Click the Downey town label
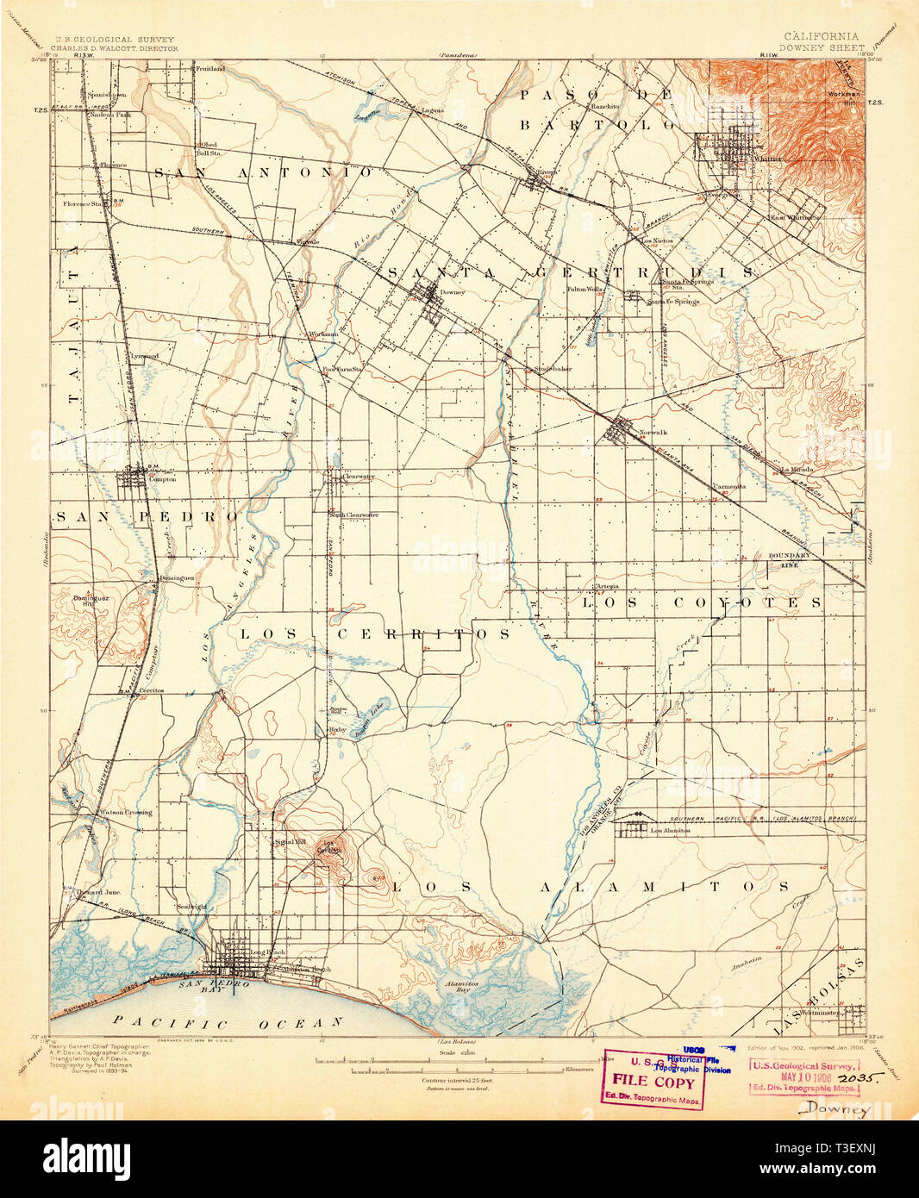coord(452,292)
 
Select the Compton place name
coord(162,480)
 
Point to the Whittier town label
coord(769,159)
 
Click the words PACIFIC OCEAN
coord(229,1022)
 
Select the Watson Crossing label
coord(126,812)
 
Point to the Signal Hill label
coord(287,841)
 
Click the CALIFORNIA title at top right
coord(822,36)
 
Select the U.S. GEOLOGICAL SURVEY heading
coord(115,40)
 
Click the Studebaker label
coord(553,369)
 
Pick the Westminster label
coord(819,1013)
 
